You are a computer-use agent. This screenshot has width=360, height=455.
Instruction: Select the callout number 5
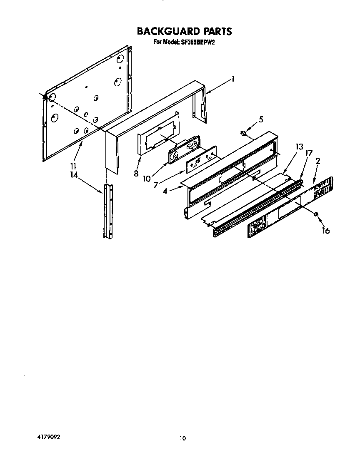coord(261,119)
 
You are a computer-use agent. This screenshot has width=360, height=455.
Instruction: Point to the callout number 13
coord(299,147)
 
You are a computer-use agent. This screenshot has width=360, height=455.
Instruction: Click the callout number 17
coord(308,153)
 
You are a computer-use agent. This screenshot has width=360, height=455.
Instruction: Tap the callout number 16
coord(325,230)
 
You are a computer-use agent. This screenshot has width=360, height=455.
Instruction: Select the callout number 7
coord(156,184)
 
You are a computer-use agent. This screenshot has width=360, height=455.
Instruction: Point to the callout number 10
coord(147,179)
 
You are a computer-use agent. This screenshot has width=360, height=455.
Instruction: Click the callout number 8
coord(136,174)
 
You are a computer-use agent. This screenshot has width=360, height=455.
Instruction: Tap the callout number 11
coord(74,165)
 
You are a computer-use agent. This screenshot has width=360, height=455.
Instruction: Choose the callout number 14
coord(74,175)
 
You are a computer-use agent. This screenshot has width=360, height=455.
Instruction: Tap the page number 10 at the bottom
coord(182,438)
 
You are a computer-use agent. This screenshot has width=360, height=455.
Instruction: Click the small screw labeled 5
coord(242,133)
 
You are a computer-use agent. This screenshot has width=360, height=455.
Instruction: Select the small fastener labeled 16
coord(316,214)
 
